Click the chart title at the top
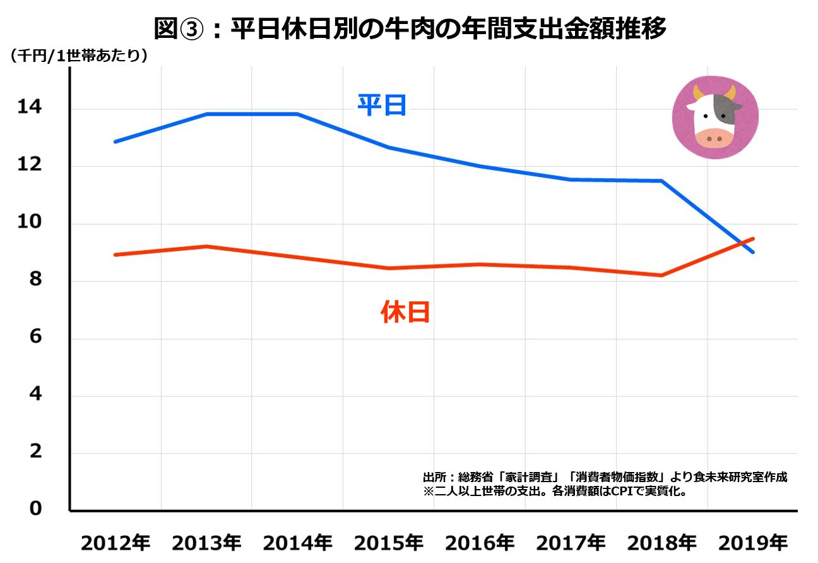pos(410,28)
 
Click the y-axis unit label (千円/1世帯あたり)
pos(79,56)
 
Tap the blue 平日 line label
pos(382,105)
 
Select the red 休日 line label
pos(405,312)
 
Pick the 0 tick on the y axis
pos(35,509)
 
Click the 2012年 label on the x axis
pos(116,543)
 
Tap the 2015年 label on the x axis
pos(388,543)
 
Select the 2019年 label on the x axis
pos(753,543)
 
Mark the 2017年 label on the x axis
pos(571,543)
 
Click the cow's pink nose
pos(714,136)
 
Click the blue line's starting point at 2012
pos(115,142)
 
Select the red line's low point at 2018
pos(661,275)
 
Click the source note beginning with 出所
pos(605,477)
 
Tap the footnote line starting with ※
pos(555,491)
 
